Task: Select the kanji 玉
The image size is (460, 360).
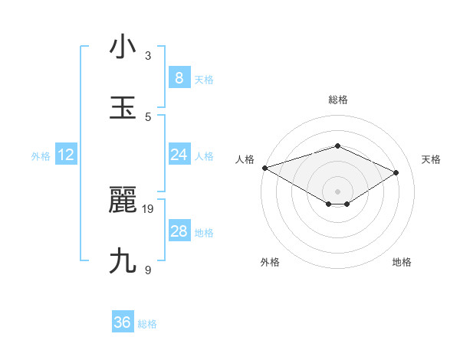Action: tap(123, 107)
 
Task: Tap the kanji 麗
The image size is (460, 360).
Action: tap(123, 201)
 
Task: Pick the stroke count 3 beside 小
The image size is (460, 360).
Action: tap(148, 55)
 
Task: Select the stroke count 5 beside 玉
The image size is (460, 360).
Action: tap(148, 116)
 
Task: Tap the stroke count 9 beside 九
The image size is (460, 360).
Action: tap(148, 270)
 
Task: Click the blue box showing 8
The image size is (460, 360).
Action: tap(179, 78)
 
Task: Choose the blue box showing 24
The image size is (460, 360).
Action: tap(179, 155)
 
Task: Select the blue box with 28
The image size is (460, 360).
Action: tap(179, 231)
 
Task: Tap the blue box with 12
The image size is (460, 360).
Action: tap(66, 155)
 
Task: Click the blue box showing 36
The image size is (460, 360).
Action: tap(123, 322)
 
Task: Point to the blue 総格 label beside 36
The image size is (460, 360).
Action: tap(147, 324)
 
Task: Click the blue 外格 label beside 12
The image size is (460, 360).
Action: tap(41, 156)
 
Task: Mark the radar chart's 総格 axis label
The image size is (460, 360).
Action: tap(337, 100)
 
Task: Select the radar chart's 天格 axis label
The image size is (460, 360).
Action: tap(431, 159)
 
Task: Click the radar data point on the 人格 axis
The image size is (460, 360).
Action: tap(264, 167)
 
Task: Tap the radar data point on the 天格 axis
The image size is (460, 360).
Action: tap(396, 172)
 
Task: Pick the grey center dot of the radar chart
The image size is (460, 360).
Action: tap(337, 191)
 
